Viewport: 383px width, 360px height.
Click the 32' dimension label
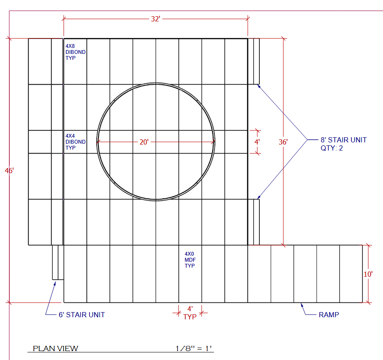[x=156, y=19]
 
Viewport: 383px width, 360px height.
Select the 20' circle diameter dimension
[x=144, y=142]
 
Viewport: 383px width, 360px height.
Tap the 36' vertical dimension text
[x=283, y=142]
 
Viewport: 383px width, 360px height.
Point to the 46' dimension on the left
[x=9, y=171]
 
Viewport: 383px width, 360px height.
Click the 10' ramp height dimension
[x=368, y=274]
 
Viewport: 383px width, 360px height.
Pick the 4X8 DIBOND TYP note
[x=75, y=52]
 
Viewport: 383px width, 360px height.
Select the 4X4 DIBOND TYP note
[x=75, y=142]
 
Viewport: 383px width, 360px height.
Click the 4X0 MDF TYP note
[x=190, y=260]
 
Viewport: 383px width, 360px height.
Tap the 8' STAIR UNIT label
[x=344, y=140]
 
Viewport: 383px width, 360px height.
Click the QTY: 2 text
[x=332, y=148]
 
